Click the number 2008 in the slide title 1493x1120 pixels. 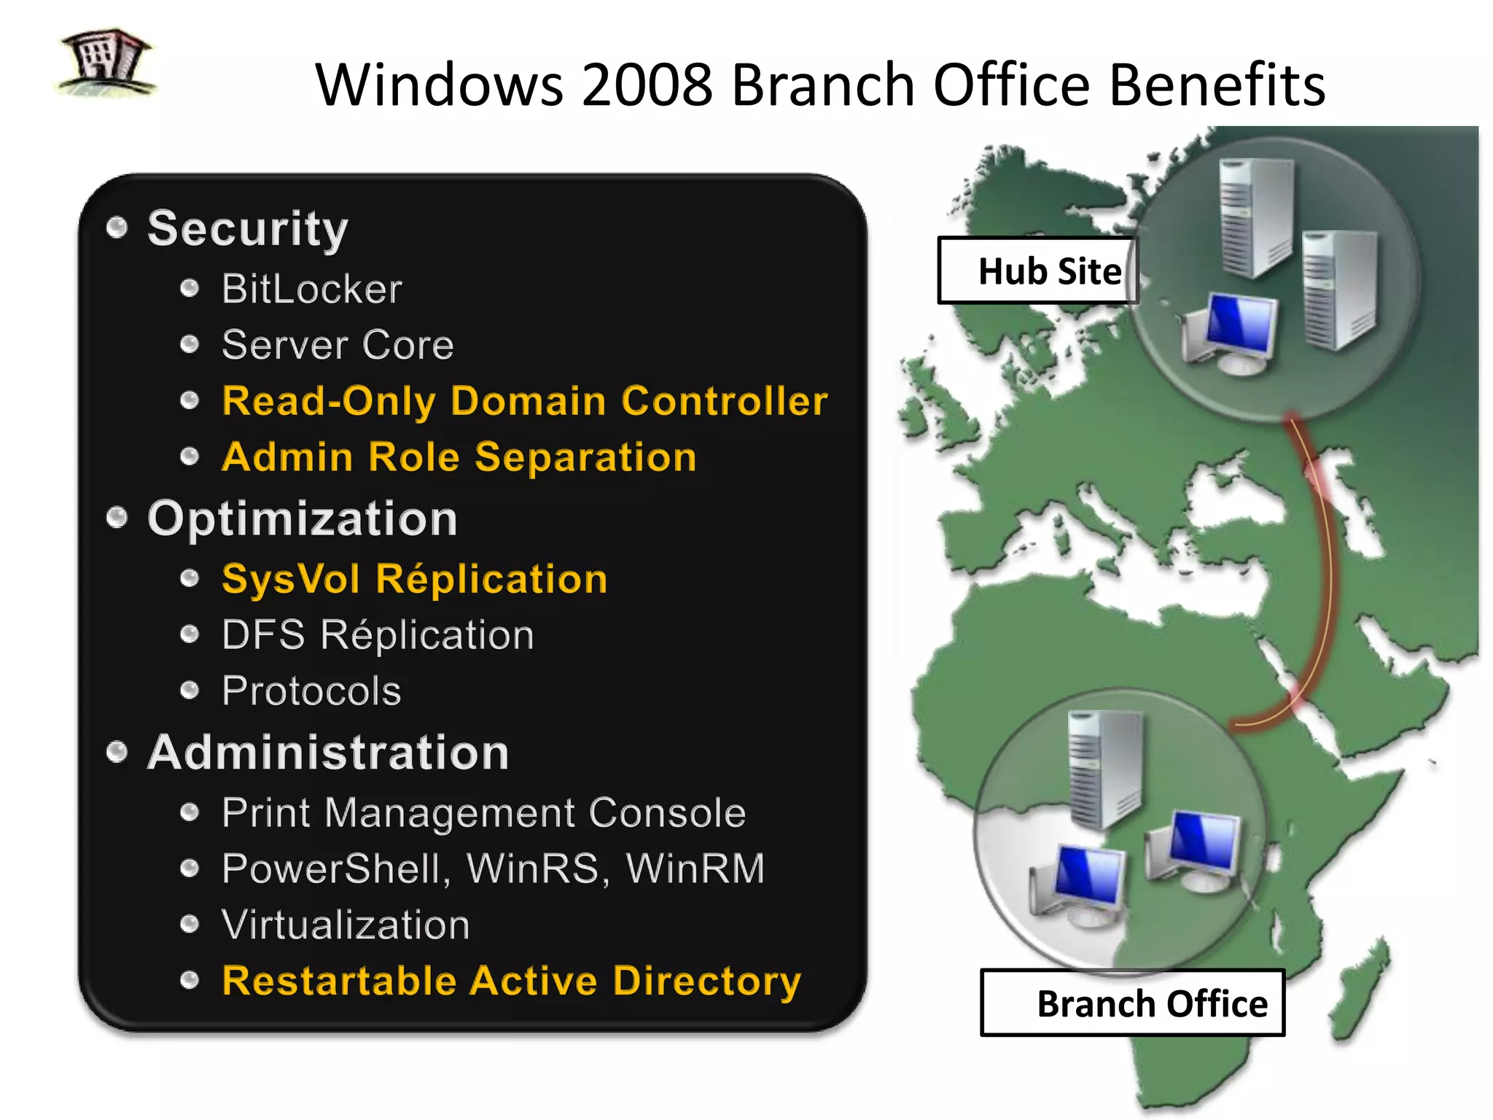[647, 85]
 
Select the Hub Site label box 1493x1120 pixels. [1037, 271]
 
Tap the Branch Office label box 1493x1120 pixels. [1132, 1003]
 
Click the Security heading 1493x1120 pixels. [248, 229]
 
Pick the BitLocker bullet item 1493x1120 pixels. [311, 289]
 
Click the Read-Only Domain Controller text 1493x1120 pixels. [524, 401]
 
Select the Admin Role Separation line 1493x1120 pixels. [459, 457]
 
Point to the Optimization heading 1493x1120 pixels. [302, 518]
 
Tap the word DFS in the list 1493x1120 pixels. [263, 635]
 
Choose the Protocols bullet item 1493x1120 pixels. [311, 691]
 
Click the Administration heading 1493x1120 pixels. [328, 752]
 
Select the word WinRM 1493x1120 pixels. [695, 868]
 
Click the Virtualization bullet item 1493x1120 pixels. [346, 925]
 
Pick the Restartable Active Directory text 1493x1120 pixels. [511, 981]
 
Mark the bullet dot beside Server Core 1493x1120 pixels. [190, 344]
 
